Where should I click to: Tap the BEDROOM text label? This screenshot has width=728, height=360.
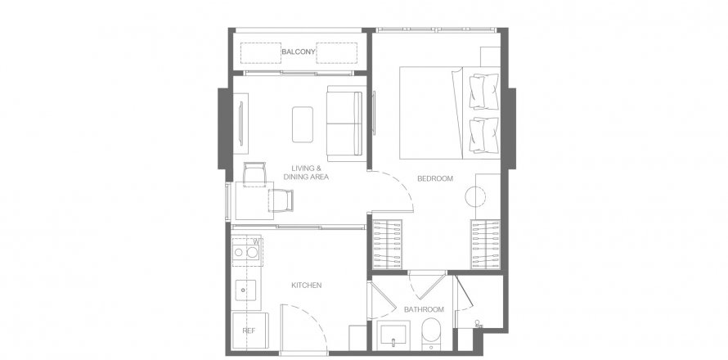click(x=434, y=178)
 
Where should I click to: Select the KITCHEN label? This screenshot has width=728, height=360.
click(x=306, y=286)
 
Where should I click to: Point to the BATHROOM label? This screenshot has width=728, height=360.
click(x=424, y=309)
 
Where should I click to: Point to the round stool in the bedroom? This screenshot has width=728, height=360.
click(x=477, y=196)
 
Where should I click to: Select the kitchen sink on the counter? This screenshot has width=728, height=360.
click(x=245, y=290)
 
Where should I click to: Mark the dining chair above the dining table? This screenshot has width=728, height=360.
click(x=254, y=173)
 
